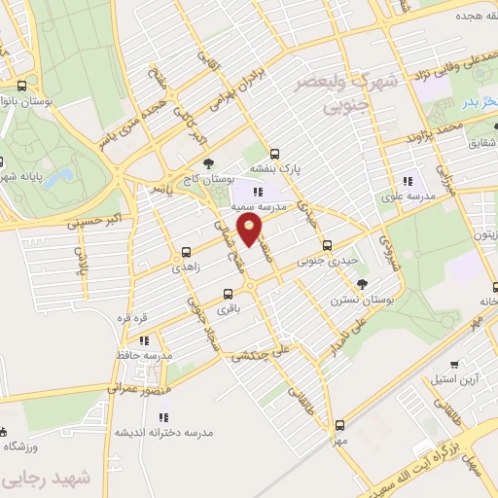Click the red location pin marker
pos(251,230)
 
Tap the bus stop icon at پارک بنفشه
pos(274,153)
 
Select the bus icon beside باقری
pos(228,293)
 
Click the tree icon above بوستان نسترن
pos(362,283)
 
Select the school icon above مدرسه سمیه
pos(258,193)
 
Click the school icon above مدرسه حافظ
pos(144,340)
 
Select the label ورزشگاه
pos(23,445)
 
